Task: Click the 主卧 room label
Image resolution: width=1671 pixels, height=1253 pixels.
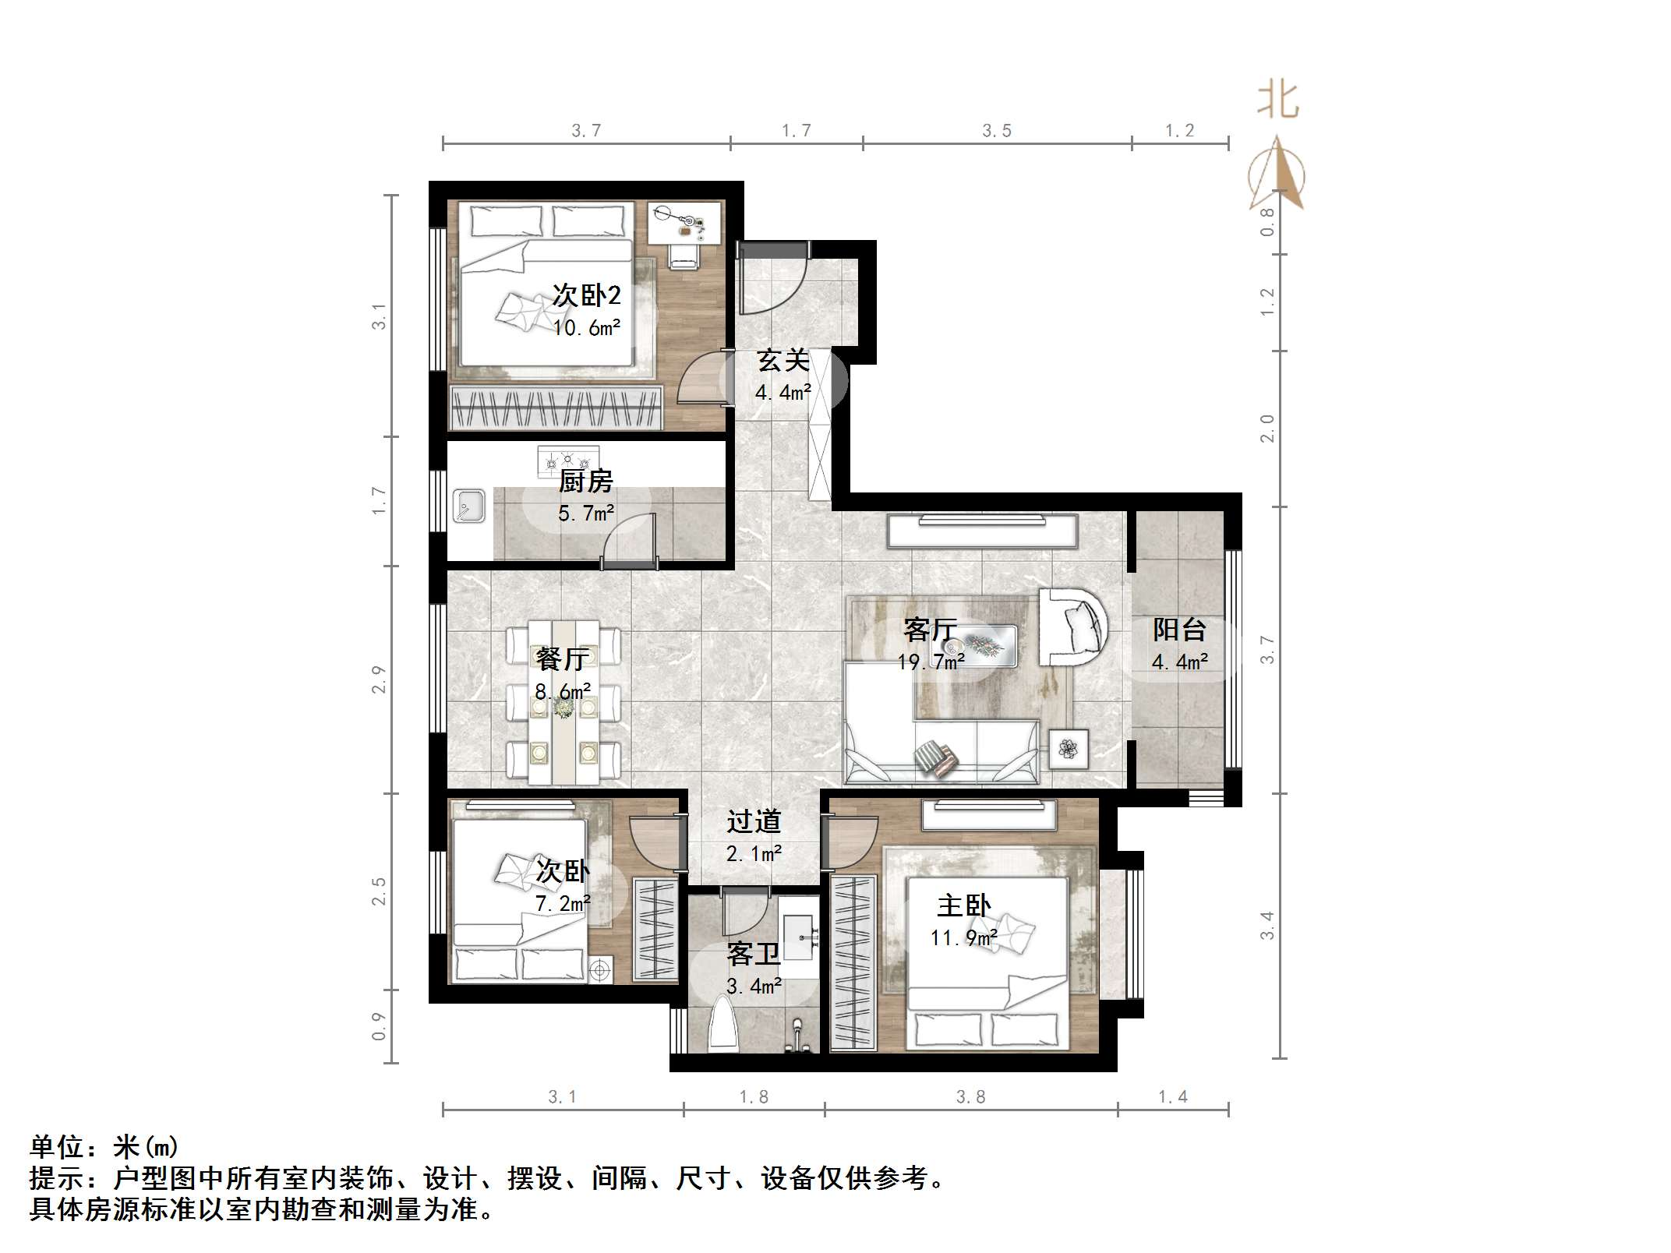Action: coord(963,905)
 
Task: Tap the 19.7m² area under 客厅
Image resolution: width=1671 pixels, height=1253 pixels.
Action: coord(931,662)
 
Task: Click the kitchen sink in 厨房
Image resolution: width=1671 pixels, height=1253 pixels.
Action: coord(469,506)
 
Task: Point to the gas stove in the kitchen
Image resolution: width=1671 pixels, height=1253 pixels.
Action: coord(568,460)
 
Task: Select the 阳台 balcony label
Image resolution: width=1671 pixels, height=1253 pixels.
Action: coord(1179,629)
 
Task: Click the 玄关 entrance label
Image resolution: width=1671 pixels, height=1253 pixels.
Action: coord(783,361)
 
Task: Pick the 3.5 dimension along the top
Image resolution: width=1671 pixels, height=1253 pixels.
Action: coord(996,131)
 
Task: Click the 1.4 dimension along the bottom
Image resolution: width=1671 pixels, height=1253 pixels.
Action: coord(1172,1097)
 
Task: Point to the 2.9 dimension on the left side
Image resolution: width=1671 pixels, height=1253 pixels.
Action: coord(379,679)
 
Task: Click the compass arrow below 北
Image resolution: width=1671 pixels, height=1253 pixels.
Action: coord(1277,175)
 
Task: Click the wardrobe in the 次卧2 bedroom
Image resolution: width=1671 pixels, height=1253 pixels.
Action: coord(556,407)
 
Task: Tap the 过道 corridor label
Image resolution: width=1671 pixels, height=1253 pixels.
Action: coord(753,821)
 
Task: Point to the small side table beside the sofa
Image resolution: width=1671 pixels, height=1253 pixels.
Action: coord(1068,749)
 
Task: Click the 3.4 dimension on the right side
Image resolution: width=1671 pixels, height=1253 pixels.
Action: coord(1267,925)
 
